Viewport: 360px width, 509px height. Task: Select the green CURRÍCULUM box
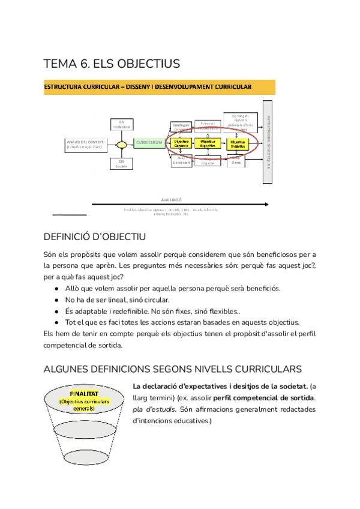[149, 142]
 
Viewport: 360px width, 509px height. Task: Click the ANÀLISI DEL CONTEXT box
[85, 144]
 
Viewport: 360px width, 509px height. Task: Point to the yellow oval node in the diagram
[122, 144]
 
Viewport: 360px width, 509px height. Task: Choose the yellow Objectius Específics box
[207, 143]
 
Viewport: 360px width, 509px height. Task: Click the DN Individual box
[121, 124]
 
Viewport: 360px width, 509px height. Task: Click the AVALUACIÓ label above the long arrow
[171, 199]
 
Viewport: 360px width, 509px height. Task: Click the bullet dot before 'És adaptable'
[56, 310]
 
